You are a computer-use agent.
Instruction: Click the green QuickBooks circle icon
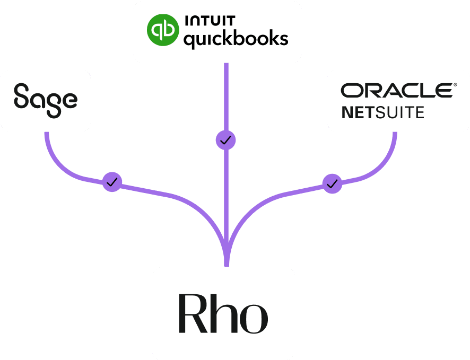(x=162, y=31)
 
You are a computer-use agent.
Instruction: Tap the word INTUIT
(x=210, y=22)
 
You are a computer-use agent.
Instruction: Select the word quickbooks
(x=236, y=39)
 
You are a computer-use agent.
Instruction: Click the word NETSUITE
(x=382, y=112)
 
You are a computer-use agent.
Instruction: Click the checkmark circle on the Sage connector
(x=112, y=182)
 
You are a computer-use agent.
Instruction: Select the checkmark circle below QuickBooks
(x=226, y=141)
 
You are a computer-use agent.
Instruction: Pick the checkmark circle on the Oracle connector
(x=333, y=184)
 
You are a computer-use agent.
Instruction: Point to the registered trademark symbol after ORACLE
(x=454, y=84)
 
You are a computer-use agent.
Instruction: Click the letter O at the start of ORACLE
(x=351, y=91)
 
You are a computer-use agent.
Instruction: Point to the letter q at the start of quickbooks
(x=189, y=41)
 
